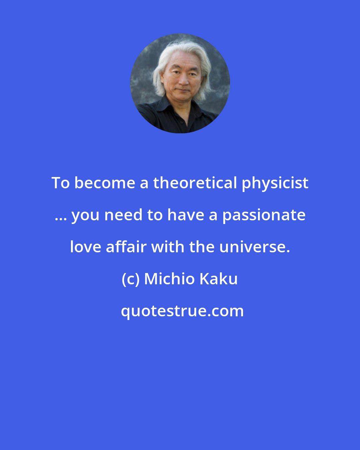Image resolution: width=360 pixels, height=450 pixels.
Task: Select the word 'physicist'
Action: click(275, 183)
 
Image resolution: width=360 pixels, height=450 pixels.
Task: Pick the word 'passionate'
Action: click(264, 215)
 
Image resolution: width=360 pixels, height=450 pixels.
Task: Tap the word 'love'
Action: click(86, 247)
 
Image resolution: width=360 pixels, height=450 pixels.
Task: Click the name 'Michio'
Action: click(170, 279)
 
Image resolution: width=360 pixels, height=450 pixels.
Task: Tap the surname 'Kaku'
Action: click(219, 279)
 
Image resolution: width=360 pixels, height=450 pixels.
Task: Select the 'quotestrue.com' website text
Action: click(182, 311)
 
